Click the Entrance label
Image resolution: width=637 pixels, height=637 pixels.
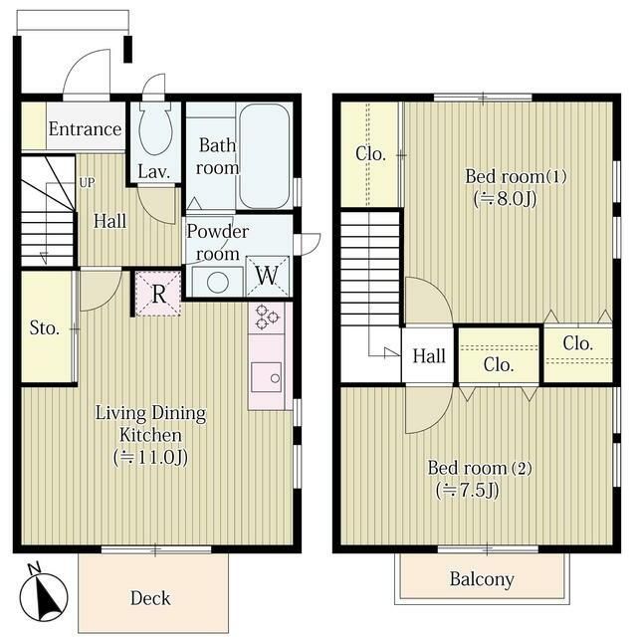point(85,129)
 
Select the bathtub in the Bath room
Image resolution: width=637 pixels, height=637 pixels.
point(265,156)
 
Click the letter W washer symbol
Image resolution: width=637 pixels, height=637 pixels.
point(267,276)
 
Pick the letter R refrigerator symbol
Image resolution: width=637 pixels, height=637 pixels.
point(158,294)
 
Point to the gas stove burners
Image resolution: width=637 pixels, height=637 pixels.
point(267,317)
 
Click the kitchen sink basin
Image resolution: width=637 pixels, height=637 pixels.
point(266,377)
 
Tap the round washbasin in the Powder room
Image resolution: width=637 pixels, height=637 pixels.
point(218,282)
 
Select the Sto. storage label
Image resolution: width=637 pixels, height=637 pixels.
point(45,327)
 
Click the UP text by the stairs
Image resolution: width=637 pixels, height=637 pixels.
point(87,183)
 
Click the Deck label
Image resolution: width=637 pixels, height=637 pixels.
point(150,598)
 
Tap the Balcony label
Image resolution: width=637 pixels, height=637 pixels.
point(482,579)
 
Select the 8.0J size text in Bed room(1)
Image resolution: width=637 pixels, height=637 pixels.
point(505,199)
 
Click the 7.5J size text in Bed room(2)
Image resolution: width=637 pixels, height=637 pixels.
point(467,490)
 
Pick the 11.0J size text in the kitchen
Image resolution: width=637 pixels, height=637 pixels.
point(150,457)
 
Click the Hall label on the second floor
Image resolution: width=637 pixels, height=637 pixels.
point(429,356)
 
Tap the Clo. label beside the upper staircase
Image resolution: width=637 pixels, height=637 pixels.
point(370,153)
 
